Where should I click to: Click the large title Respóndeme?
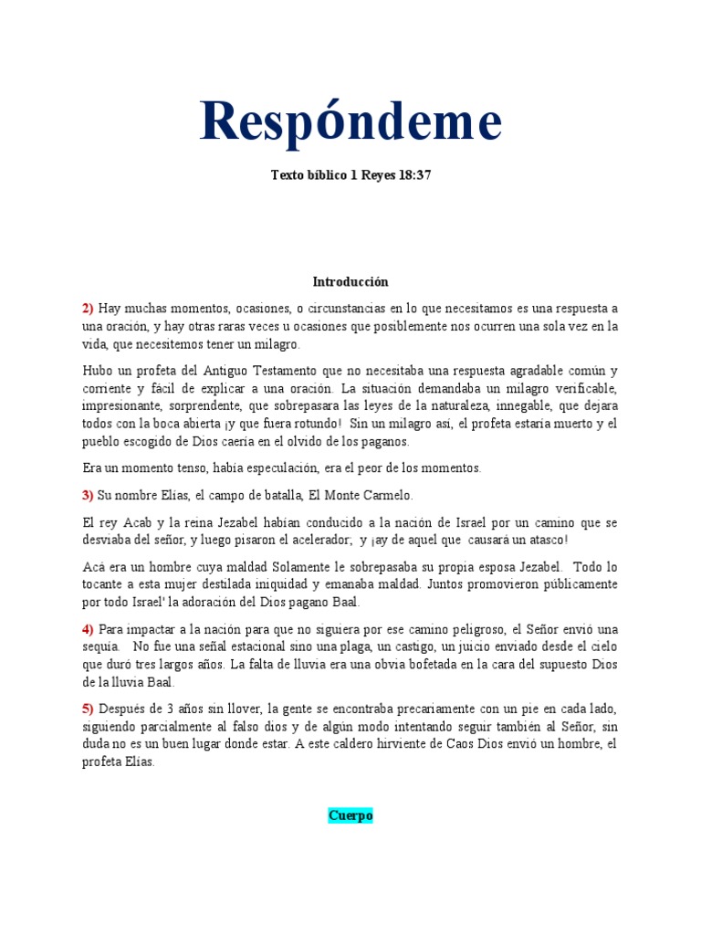[x=350, y=121]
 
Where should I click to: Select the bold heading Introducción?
[x=350, y=282]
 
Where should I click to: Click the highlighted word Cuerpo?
[x=350, y=815]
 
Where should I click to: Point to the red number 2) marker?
[x=89, y=309]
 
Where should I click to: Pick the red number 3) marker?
[x=89, y=495]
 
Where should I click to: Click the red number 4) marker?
[x=89, y=628]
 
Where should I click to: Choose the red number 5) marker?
[x=89, y=709]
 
